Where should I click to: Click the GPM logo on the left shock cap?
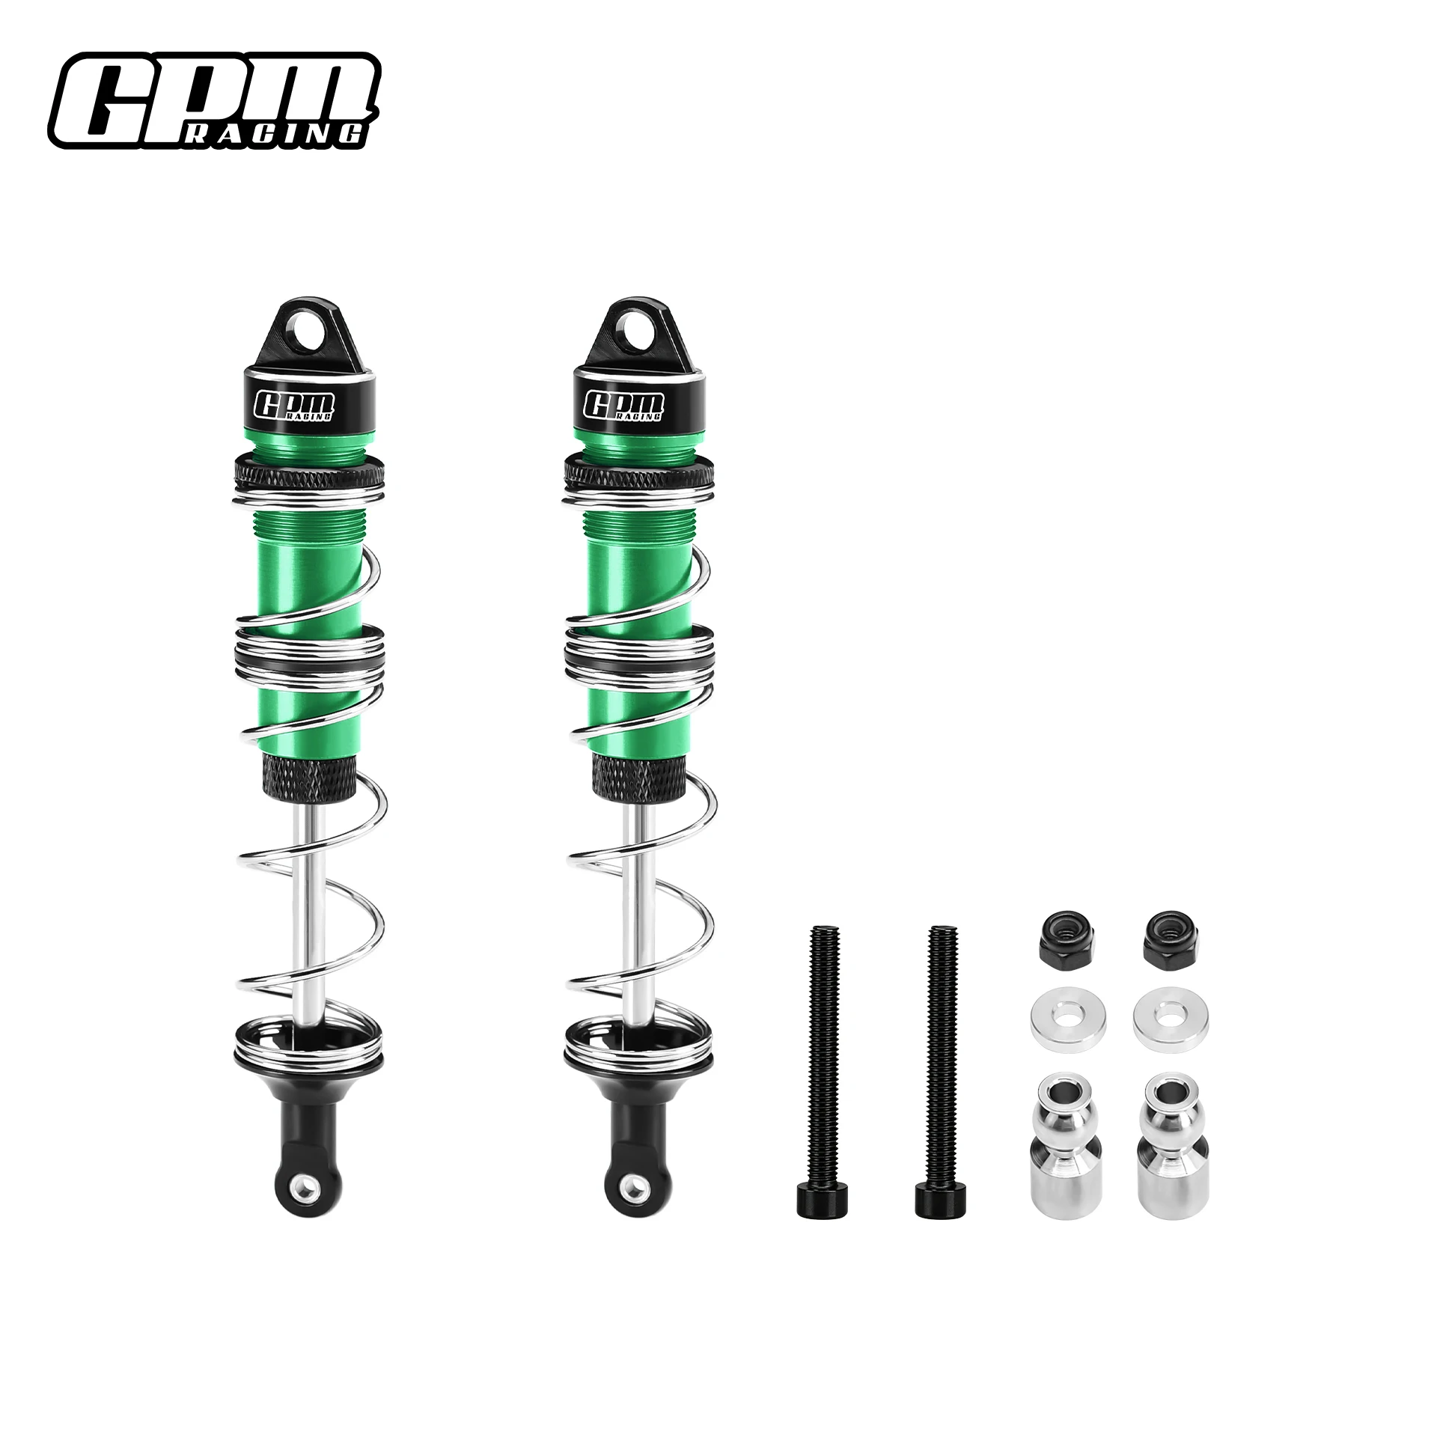296,404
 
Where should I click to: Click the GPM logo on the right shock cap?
624,404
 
